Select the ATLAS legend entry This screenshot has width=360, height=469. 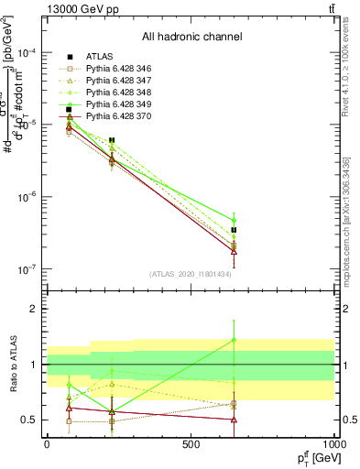pyautogui.click(x=100, y=57)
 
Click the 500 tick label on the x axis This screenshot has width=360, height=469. pyautogui.click(x=190, y=442)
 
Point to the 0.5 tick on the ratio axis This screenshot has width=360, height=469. pyautogui.click(x=30, y=420)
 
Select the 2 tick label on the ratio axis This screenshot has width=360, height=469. pyautogui.click(x=35, y=309)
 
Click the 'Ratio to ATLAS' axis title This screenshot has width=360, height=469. pyautogui.click(x=12, y=365)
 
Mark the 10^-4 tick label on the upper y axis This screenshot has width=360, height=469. pyautogui.click(x=26, y=52)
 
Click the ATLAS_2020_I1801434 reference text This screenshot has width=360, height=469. pyautogui.click(x=191, y=274)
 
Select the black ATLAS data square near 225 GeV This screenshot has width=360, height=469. pyautogui.click(x=112, y=140)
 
